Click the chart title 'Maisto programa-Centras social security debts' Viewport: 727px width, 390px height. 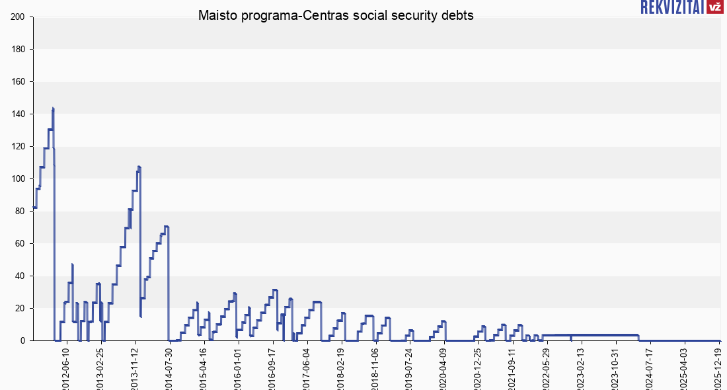336,16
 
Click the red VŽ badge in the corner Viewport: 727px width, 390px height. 714,7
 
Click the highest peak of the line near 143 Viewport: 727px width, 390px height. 53,109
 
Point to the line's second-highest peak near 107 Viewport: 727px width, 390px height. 139,167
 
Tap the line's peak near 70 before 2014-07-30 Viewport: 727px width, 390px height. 167,227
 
